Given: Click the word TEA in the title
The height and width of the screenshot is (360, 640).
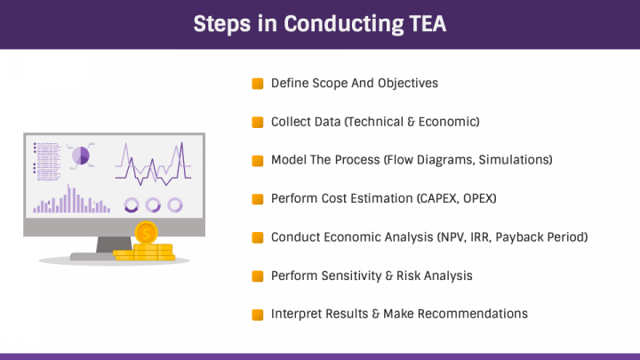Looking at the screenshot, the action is tap(428, 24).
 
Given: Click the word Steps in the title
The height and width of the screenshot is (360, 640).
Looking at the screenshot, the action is tap(222, 25).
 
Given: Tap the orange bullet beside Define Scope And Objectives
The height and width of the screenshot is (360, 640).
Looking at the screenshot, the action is tap(258, 84).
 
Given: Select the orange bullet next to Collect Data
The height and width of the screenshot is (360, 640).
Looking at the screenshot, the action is tap(258, 122).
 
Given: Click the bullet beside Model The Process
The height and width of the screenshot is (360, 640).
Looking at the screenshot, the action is tap(258, 160).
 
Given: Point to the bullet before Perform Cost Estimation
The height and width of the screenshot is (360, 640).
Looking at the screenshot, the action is tap(258, 199).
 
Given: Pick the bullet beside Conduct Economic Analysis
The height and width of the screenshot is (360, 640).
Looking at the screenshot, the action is tap(258, 237).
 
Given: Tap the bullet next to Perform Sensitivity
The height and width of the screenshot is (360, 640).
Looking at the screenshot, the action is tap(258, 276).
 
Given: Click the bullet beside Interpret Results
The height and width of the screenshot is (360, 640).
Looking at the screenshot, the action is tap(258, 315).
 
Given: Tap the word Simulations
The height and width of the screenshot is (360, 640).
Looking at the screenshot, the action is tap(515, 160).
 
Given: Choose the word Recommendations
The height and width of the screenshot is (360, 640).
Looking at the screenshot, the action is tap(472, 314).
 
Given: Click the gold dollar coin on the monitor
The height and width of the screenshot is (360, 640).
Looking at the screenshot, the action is tap(146, 233).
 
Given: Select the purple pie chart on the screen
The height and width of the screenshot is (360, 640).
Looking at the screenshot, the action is tap(81, 156).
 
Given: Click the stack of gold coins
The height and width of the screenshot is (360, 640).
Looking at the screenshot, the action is tap(145, 252).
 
